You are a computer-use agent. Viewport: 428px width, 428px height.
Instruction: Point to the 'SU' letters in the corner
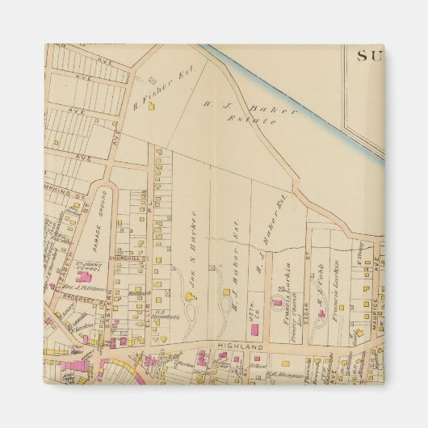point(369,55)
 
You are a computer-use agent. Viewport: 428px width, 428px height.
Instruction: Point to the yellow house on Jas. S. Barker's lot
point(192,296)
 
